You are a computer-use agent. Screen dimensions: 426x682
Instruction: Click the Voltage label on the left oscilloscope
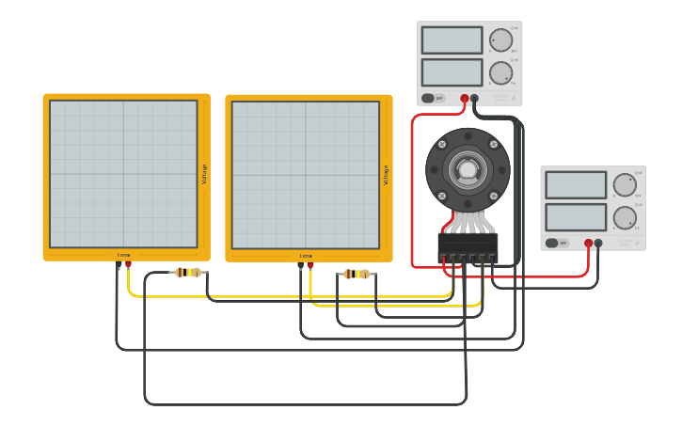(x=204, y=174)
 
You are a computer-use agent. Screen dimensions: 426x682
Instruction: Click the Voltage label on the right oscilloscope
(x=386, y=174)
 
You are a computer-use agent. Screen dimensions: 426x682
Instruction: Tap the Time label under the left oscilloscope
(x=124, y=255)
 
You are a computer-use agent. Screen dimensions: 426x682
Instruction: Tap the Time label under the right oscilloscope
(x=306, y=255)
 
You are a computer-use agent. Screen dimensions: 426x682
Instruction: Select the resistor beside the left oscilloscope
(x=189, y=273)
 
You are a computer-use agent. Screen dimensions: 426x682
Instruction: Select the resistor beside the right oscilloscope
(x=357, y=275)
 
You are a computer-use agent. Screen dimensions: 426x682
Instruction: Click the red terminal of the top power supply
(x=465, y=98)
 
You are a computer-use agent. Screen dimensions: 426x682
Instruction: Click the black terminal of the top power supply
(x=475, y=98)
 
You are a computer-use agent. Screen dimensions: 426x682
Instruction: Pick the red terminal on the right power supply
(x=589, y=243)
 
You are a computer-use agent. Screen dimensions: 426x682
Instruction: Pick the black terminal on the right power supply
(x=598, y=243)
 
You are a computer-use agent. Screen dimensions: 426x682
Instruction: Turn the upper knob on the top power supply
(x=500, y=40)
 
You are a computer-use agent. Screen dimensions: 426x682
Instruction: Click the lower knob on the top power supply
(x=500, y=72)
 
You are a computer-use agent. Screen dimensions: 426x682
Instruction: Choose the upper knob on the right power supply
(x=625, y=185)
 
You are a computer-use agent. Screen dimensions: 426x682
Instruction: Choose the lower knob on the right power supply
(x=625, y=217)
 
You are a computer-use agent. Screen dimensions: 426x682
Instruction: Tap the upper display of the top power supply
(x=452, y=40)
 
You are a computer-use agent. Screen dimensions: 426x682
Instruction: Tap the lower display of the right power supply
(x=576, y=217)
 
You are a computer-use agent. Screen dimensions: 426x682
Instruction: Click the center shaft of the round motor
(x=468, y=170)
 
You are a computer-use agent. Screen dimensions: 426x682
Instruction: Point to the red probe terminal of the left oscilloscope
(x=129, y=265)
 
